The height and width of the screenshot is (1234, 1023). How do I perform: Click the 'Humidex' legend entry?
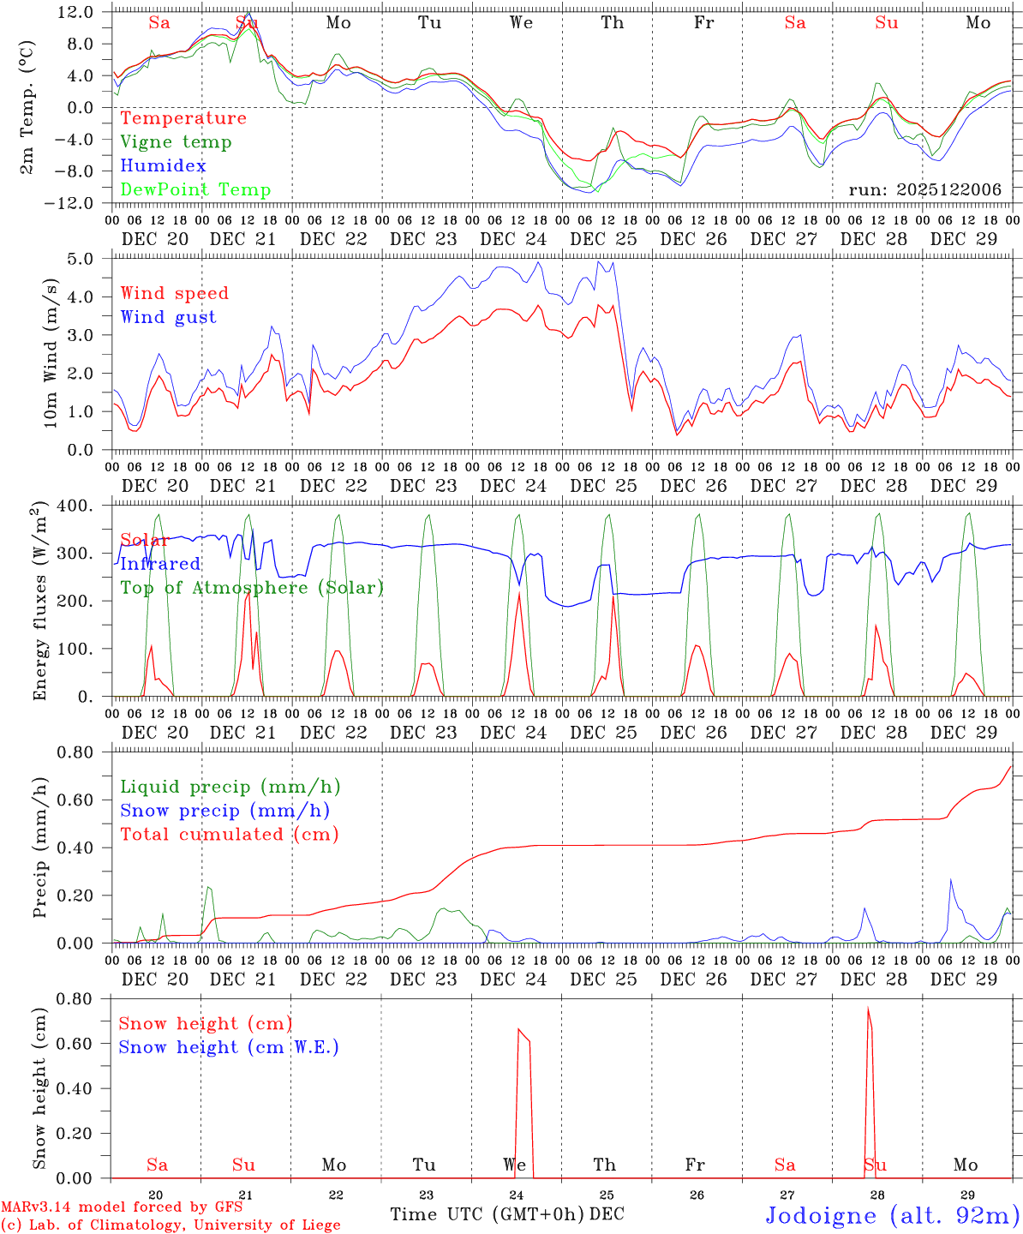pos(163,166)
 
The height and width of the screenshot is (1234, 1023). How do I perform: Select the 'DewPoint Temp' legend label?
pos(195,190)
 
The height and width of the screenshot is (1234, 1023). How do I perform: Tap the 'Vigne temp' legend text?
pos(176,142)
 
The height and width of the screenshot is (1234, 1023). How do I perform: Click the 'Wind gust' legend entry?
pos(168,317)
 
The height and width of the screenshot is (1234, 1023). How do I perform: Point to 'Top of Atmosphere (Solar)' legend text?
pos(252,588)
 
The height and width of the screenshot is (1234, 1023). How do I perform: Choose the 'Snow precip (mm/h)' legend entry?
pos(224,811)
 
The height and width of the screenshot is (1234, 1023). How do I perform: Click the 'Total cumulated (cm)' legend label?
pos(229,835)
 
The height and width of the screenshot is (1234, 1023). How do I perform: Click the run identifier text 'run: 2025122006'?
pos(924,190)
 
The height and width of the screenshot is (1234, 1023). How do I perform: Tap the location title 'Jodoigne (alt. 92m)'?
pos(892,1215)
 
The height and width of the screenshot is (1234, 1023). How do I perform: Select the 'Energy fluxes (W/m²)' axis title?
pos(39,602)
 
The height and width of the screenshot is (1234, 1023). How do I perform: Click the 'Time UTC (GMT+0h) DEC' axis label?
pos(506,1214)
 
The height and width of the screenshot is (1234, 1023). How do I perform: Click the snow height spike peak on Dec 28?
pos(868,1009)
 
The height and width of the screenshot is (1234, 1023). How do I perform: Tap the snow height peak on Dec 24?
pos(518,1029)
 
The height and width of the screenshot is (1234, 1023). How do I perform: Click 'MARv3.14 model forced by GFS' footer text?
pos(121,1207)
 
